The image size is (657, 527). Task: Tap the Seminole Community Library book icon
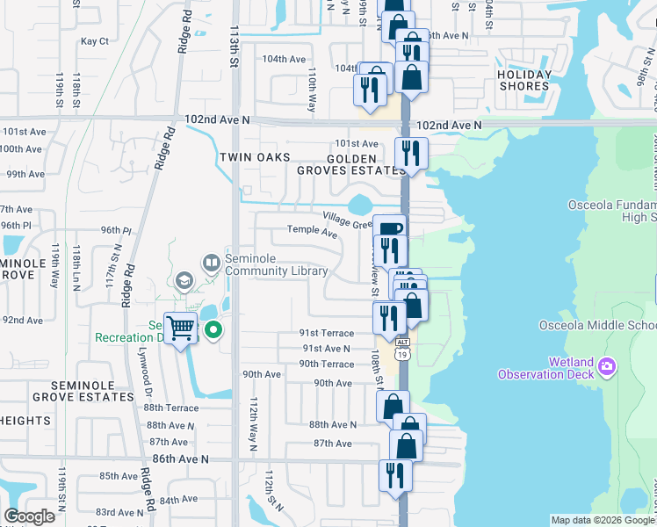pyautogui.click(x=211, y=262)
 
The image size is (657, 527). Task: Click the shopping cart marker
pyautogui.click(x=181, y=328)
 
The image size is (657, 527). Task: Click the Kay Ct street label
pyautogui.click(x=94, y=41)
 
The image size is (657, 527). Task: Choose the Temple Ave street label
pyautogui.click(x=313, y=233)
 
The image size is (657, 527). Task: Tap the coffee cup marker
pyautogui.click(x=389, y=229)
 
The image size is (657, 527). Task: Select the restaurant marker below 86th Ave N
pyautogui.click(x=396, y=475)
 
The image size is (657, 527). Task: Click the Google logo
pyautogui.click(x=29, y=516)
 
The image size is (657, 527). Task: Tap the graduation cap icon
pyautogui.click(x=184, y=281)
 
